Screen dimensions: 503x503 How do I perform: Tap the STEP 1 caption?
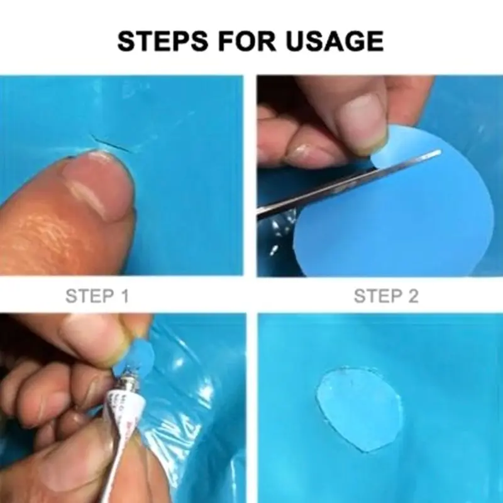(x=97, y=296)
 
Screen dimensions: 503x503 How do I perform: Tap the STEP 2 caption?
(x=385, y=296)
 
